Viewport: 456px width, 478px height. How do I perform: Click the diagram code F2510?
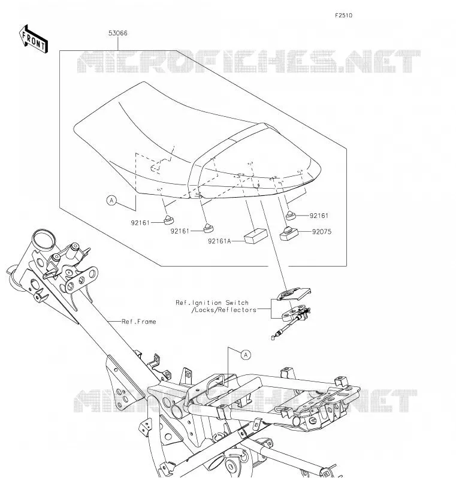pyautogui.click(x=343, y=15)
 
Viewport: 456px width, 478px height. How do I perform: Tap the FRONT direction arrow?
pyautogui.click(x=33, y=40)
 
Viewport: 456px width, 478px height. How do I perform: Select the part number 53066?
pyautogui.click(x=117, y=33)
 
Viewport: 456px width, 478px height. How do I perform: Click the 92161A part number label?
pyautogui.click(x=219, y=241)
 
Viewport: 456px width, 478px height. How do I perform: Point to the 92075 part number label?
pyautogui.click(x=322, y=232)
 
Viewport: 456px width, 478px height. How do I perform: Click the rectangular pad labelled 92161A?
pyautogui.click(x=256, y=236)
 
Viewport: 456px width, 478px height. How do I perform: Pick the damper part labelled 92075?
pyautogui.click(x=289, y=233)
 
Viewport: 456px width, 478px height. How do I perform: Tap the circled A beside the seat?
pyautogui.click(x=111, y=201)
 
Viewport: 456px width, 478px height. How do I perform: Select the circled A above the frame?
pyautogui.click(x=246, y=355)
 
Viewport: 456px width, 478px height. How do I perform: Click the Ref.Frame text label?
pyautogui.click(x=139, y=322)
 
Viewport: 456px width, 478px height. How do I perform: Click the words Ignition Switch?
pyautogui.click(x=222, y=302)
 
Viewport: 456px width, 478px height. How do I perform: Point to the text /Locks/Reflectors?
pyautogui.click(x=224, y=310)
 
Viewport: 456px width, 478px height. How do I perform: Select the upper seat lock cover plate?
pyautogui.click(x=294, y=294)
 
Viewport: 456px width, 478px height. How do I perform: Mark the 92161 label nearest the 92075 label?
pyautogui.click(x=319, y=216)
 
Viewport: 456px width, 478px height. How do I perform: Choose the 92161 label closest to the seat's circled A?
pyautogui.click(x=140, y=223)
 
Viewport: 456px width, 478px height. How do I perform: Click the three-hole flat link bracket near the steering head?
pyautogui.click(x=81, y=280)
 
